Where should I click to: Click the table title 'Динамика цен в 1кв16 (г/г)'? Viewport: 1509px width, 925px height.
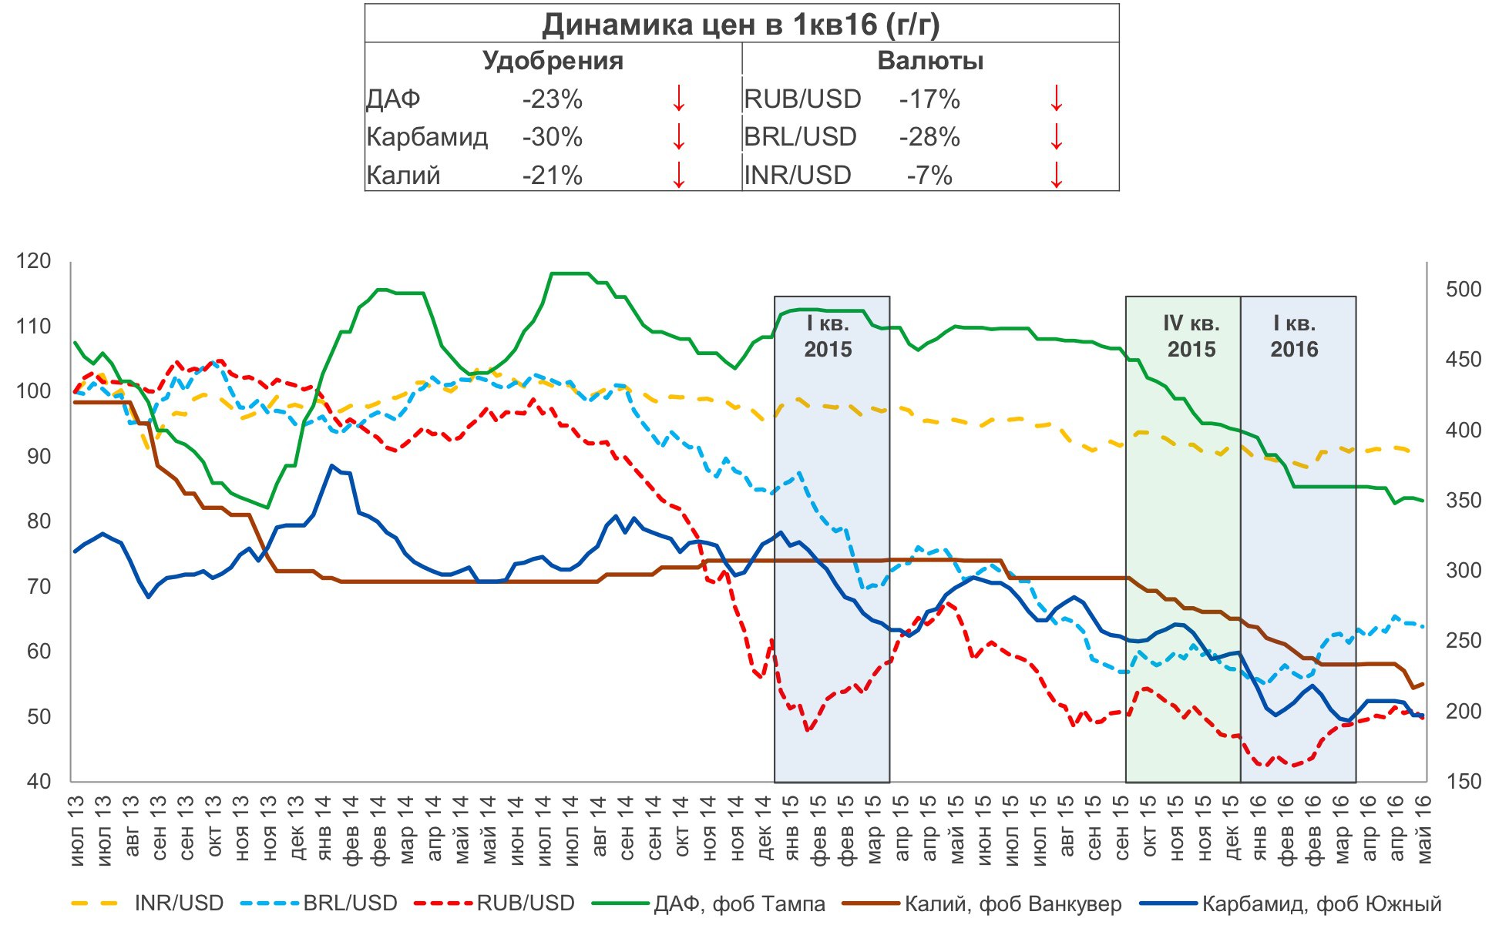click(741, 25)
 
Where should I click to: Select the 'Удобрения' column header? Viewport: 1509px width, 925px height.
click(553, 61)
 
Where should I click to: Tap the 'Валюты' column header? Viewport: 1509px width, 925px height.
click(930, 61)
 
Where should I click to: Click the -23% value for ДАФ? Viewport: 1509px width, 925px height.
click(552, 99)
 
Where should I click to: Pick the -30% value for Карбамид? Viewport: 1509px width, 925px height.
click(552, 137)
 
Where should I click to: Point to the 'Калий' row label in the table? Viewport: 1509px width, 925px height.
click(403, 176)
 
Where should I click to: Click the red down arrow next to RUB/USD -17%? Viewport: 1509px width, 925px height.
click(1056, 99)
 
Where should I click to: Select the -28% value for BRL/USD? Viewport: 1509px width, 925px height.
click(929, 137)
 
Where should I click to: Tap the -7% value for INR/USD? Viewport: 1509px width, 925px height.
click(929, 176)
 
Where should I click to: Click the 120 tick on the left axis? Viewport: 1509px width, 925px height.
click(34, 261)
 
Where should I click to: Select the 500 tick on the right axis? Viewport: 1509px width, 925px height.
click(1464, 289)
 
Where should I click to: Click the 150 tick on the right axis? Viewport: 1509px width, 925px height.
click(1464, 781)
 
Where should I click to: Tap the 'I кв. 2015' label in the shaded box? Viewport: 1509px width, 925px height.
click(828, 337)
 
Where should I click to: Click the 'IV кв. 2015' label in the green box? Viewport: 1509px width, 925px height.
click(1191, 337)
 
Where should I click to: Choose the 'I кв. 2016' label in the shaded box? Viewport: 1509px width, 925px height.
click(1294, 337)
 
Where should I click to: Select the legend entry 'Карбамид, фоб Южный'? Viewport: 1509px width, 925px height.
click(1321, 903)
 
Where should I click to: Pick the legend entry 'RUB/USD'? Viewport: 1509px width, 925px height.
click(526, 903)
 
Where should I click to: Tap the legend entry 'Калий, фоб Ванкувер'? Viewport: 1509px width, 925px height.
click(1013, 903)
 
